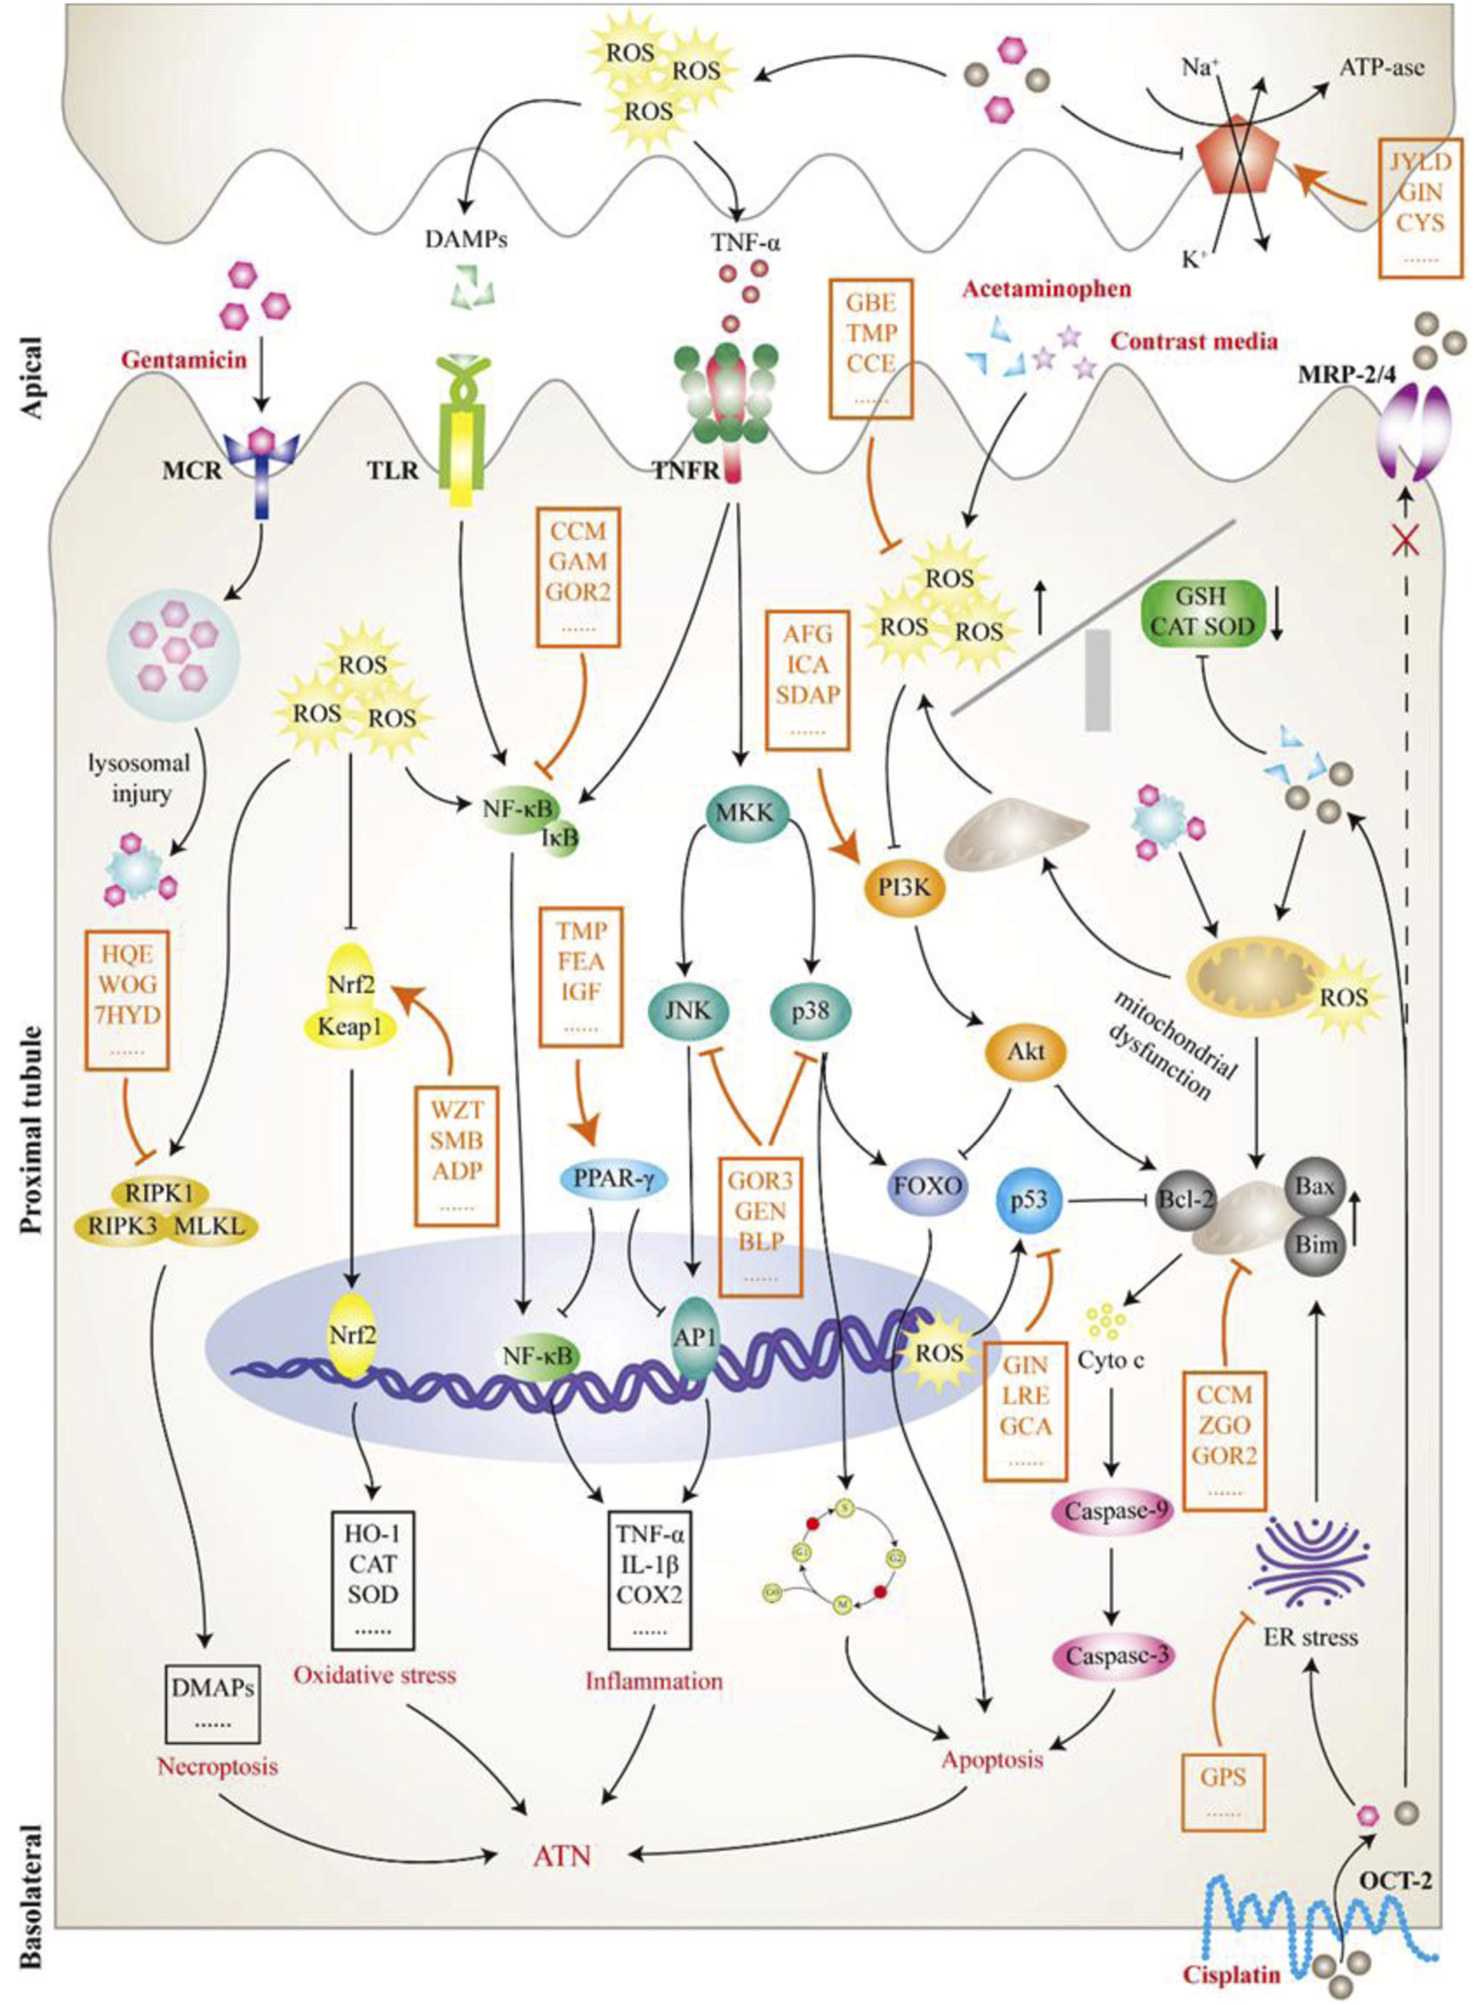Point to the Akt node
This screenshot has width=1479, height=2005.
pyautogui.click(x=1026, y=1052)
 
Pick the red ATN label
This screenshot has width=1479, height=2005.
pyautogui.click(x=562, y=1855)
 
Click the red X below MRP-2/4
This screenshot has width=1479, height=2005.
pyautogui.click(x=1404, y=541)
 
